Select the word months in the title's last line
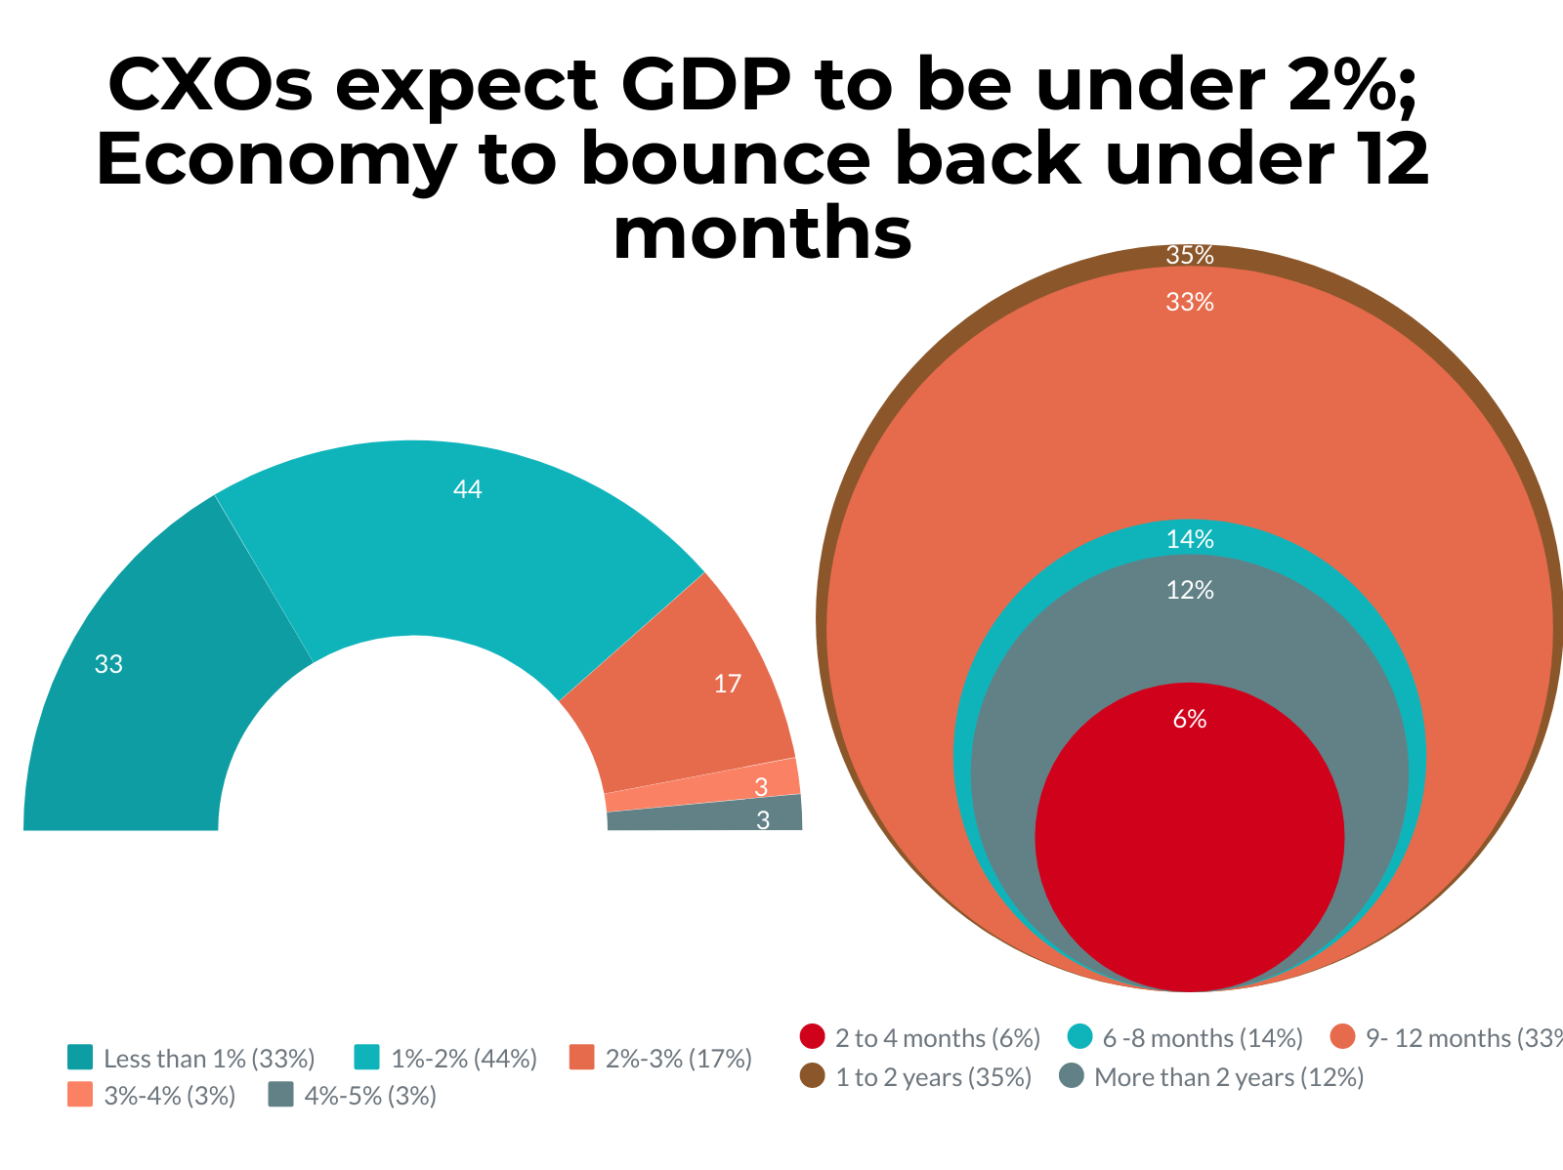762,234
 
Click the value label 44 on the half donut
468,490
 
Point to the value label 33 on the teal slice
108,665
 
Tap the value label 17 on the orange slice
728,684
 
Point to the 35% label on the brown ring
1189,256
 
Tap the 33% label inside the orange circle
1189,303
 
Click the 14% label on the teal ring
1189,539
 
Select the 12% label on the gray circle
1189,590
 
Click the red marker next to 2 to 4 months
812,1037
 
